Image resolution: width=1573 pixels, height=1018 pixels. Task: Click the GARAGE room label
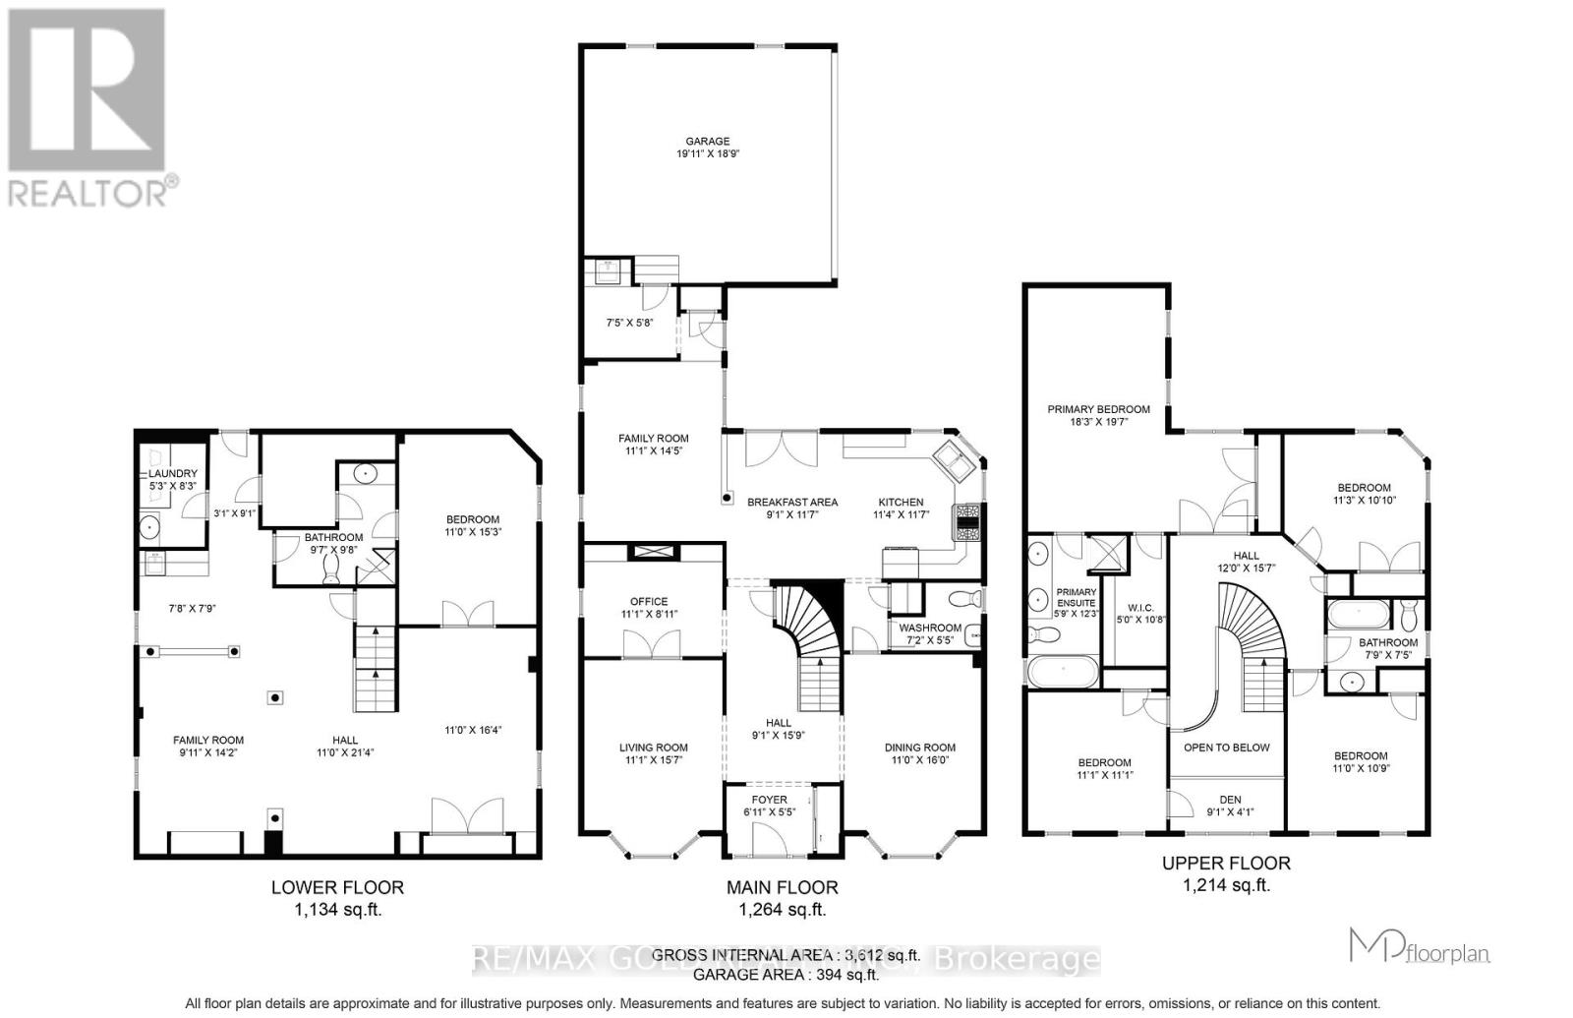tap(708, 141)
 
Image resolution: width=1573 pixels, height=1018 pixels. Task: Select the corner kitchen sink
tap(953, 458)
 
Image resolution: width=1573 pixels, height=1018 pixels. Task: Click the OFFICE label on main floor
tap(649, 601)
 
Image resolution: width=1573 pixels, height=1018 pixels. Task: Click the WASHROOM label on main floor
tap(930, 628)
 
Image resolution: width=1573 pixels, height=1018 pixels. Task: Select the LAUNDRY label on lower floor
tap(173, 474)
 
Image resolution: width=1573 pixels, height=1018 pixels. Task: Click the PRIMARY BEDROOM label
tap(1098, 409)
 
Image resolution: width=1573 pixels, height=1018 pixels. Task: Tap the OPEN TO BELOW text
tap(1226, 747)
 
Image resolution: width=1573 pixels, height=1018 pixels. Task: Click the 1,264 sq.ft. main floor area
tap(782, 910)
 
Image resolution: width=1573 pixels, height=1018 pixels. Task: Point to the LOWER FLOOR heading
tap(337, 887)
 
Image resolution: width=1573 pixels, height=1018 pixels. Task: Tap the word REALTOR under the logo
tap(88, 192)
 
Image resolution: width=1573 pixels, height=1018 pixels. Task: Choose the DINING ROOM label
tap(920, 747)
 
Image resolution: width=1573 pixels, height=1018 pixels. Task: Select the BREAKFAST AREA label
tap(791, 502)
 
